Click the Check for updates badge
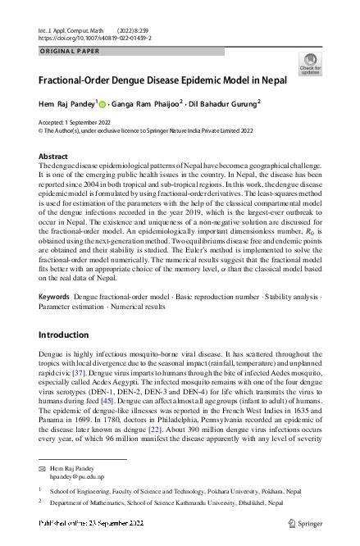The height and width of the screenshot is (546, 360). (311, 64)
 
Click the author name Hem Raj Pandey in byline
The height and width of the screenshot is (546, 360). (66, 103)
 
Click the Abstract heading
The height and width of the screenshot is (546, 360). (54, 156)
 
